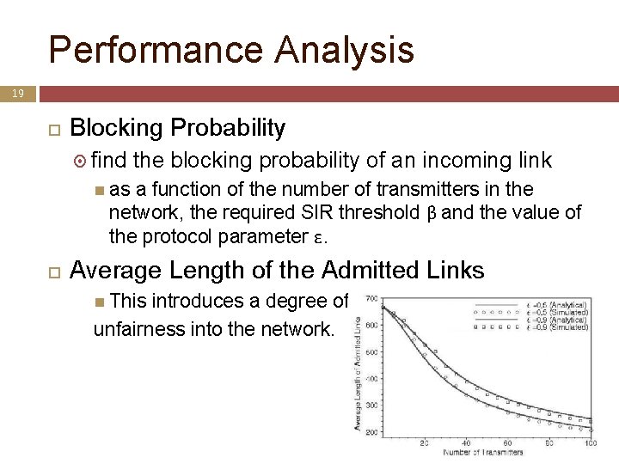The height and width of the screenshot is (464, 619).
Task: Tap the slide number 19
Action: point(17,92)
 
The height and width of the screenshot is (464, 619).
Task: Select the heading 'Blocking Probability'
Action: point(177,128)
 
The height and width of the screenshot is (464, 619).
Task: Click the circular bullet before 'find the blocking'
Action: point(80,160)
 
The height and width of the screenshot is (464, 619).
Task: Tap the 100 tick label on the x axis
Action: point(589,443)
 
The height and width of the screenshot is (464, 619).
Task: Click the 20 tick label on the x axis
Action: point(424,443)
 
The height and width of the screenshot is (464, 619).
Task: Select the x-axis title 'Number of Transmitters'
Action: point(483,452)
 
